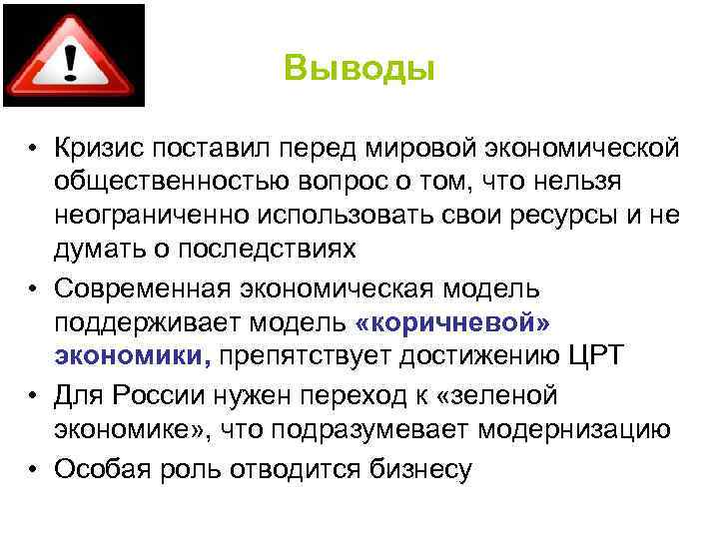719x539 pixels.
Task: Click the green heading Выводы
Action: click(359, 69)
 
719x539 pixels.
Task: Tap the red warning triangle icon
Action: click(72, 56)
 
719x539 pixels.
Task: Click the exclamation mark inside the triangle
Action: click(72, 62)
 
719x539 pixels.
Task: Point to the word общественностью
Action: click(176, 183)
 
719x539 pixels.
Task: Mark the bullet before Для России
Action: click(34, 396)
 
